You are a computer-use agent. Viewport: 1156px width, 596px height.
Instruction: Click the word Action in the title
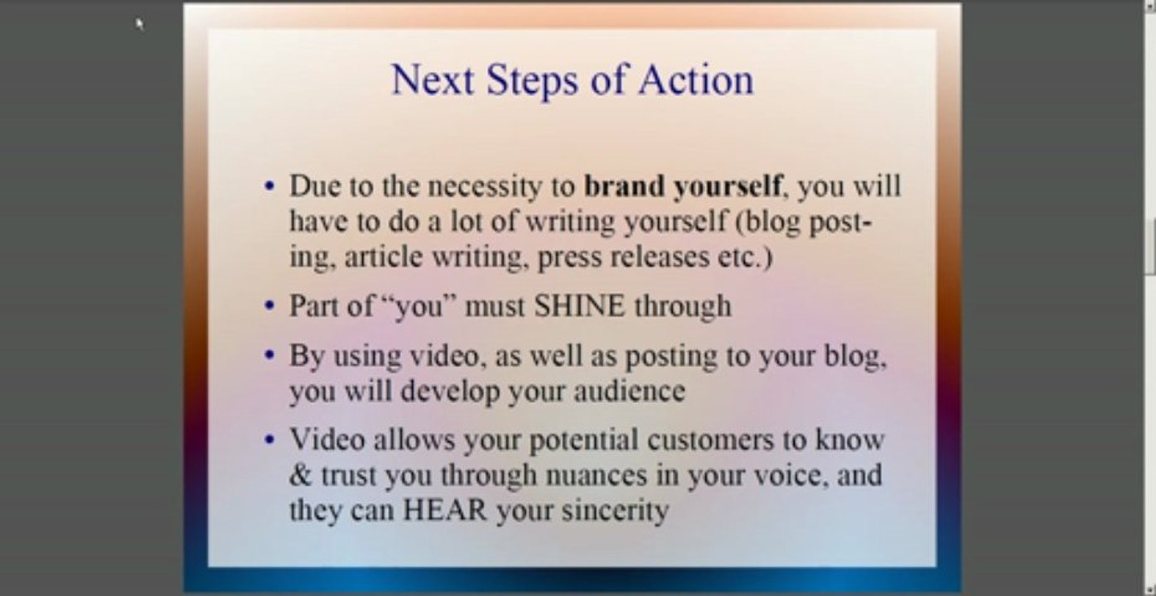pos(696,80)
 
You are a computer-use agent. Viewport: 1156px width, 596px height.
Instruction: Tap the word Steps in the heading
pos(532,81)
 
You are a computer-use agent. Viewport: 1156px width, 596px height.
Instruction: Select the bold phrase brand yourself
pos(683,187)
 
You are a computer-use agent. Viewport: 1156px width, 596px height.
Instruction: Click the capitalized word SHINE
pos(579,305)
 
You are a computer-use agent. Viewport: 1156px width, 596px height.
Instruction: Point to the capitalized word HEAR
pos(445,510)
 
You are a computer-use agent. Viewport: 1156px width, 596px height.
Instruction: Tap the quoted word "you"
pos(418,306)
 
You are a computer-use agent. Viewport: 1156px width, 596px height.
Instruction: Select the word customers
pos(710,440)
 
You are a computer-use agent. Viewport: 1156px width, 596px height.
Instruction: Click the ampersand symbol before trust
pos(300,475)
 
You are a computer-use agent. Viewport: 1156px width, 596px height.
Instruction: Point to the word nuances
pos(596,476)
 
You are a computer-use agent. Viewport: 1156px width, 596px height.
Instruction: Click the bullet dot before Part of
pos(268,306)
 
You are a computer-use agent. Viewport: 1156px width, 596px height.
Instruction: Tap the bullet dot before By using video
pos(268,355)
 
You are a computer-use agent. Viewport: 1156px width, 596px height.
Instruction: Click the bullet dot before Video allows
pos(268,440)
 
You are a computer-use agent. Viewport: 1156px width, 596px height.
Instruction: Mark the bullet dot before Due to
pos(268,186)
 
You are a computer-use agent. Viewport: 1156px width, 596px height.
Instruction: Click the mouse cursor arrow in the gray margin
pos(140,24)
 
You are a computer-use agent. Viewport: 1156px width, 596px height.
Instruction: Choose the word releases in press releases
pos(660,257)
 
